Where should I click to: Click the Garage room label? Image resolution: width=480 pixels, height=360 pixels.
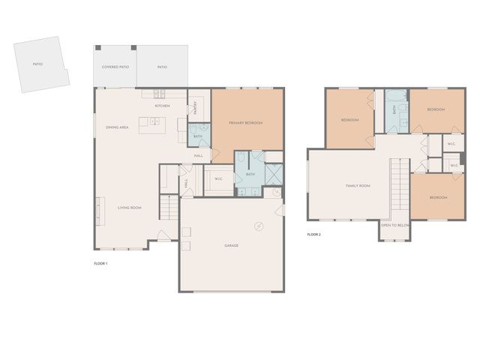(x=232, y=245)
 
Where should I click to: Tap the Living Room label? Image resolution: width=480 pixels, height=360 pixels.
(x=129, y=208)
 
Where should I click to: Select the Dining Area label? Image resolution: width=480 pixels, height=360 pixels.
(x=117, y=127)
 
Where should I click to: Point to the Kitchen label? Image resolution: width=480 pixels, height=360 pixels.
(x=162, y=106)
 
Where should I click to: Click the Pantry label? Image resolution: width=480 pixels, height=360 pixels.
(x=195, y=110)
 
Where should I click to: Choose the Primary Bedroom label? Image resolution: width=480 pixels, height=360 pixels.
(x=246, y=122)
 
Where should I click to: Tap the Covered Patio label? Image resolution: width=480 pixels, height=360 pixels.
(x=115, y=67)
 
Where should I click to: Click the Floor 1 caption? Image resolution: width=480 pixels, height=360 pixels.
(x=100, y=263)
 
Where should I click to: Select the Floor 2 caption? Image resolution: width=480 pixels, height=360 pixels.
(x=314, y=235)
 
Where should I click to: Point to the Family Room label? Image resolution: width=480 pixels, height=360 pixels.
(x=358, y=185)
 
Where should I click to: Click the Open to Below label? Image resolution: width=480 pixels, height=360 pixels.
(x=395, y=225)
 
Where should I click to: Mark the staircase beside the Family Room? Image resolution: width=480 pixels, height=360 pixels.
(x=397, y=187)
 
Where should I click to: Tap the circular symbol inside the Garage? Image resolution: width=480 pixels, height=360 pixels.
(x=259, y=227)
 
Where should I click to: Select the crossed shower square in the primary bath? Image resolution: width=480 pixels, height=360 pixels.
(x=273, y=174)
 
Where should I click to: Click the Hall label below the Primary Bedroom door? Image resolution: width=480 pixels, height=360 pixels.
(x=199, y=155)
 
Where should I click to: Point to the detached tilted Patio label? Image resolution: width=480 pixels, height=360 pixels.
(x=37, y=64)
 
